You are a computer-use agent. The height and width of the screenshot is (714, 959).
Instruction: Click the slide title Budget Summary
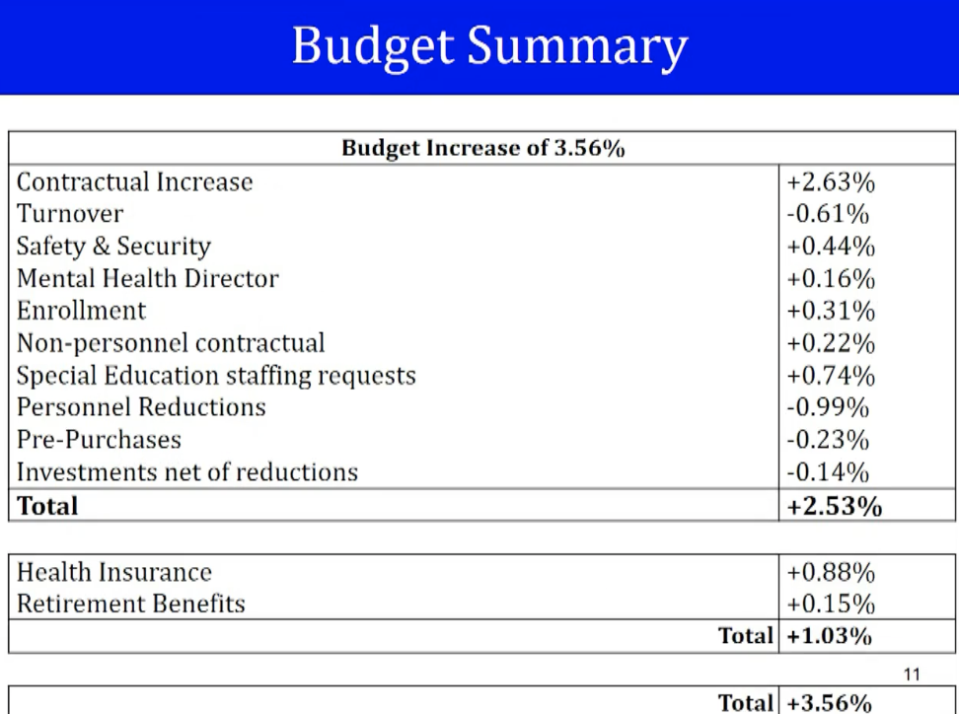[490, 46]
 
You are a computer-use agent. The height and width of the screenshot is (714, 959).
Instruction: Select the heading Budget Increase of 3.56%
[483, 148]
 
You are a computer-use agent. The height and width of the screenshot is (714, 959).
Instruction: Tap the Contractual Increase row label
[134, 182]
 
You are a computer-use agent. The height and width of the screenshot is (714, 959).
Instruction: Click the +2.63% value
[831, 182]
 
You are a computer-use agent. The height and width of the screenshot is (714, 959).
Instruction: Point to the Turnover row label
[70, 214]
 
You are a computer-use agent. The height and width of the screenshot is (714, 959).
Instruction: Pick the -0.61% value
[828, 214]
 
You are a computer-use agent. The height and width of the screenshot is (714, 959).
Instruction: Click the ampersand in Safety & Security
[101, 247]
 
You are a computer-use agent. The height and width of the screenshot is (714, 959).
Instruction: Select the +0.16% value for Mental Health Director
[831, 279]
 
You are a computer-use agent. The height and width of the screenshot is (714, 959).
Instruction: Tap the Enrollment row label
[81, 311]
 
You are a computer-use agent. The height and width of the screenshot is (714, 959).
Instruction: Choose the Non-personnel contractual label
[171, 343]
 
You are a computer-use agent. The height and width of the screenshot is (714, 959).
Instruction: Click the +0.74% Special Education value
[831, 376]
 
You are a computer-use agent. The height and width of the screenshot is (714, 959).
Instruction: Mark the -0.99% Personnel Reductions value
[828, 407]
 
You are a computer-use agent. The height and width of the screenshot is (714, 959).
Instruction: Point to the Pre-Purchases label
[99, 440]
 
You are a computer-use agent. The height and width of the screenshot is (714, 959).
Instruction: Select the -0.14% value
[828, 472]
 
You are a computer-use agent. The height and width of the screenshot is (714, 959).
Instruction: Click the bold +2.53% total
[835, 506]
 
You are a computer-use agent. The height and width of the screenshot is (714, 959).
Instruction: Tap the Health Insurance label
[114, 572]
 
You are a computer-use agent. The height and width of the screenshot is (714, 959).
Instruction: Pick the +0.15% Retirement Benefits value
[831, 604]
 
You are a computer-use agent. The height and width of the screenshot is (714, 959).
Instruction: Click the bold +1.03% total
[830, 636]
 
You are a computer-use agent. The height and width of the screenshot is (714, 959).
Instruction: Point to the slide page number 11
[912, 675]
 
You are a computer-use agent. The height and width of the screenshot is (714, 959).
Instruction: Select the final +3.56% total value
[830, 703]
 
